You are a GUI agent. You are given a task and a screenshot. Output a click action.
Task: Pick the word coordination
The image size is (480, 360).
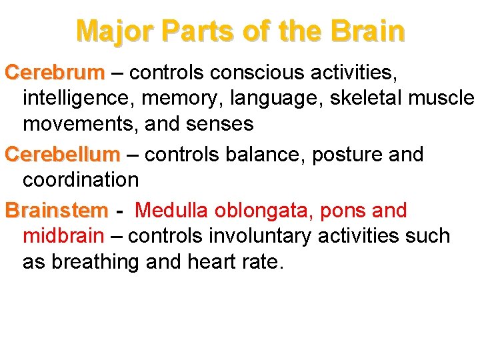[81, 180]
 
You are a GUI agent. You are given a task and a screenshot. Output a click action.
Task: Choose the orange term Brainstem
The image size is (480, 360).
[56, 211]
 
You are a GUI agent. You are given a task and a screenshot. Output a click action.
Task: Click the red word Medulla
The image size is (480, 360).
[171, 211]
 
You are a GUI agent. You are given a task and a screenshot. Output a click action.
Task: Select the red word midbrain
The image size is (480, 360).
[63, 236]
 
